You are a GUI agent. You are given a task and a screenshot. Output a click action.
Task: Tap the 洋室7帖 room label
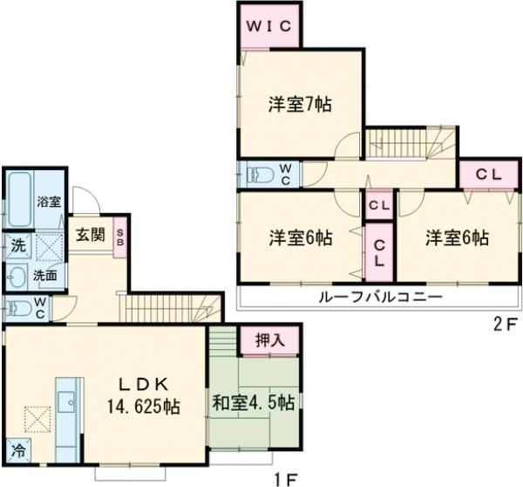point(299,103)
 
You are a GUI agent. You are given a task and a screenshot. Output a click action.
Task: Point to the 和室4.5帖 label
point(254,402)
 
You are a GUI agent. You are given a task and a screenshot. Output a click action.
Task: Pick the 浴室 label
point(48,201)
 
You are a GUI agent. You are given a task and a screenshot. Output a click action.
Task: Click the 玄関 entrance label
point(90,234)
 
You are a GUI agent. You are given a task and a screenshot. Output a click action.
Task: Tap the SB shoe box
point(120,237)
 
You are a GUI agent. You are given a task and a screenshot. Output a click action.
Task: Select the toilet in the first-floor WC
point(17,307)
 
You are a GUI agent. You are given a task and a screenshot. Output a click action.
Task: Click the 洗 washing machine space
point(17,246)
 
